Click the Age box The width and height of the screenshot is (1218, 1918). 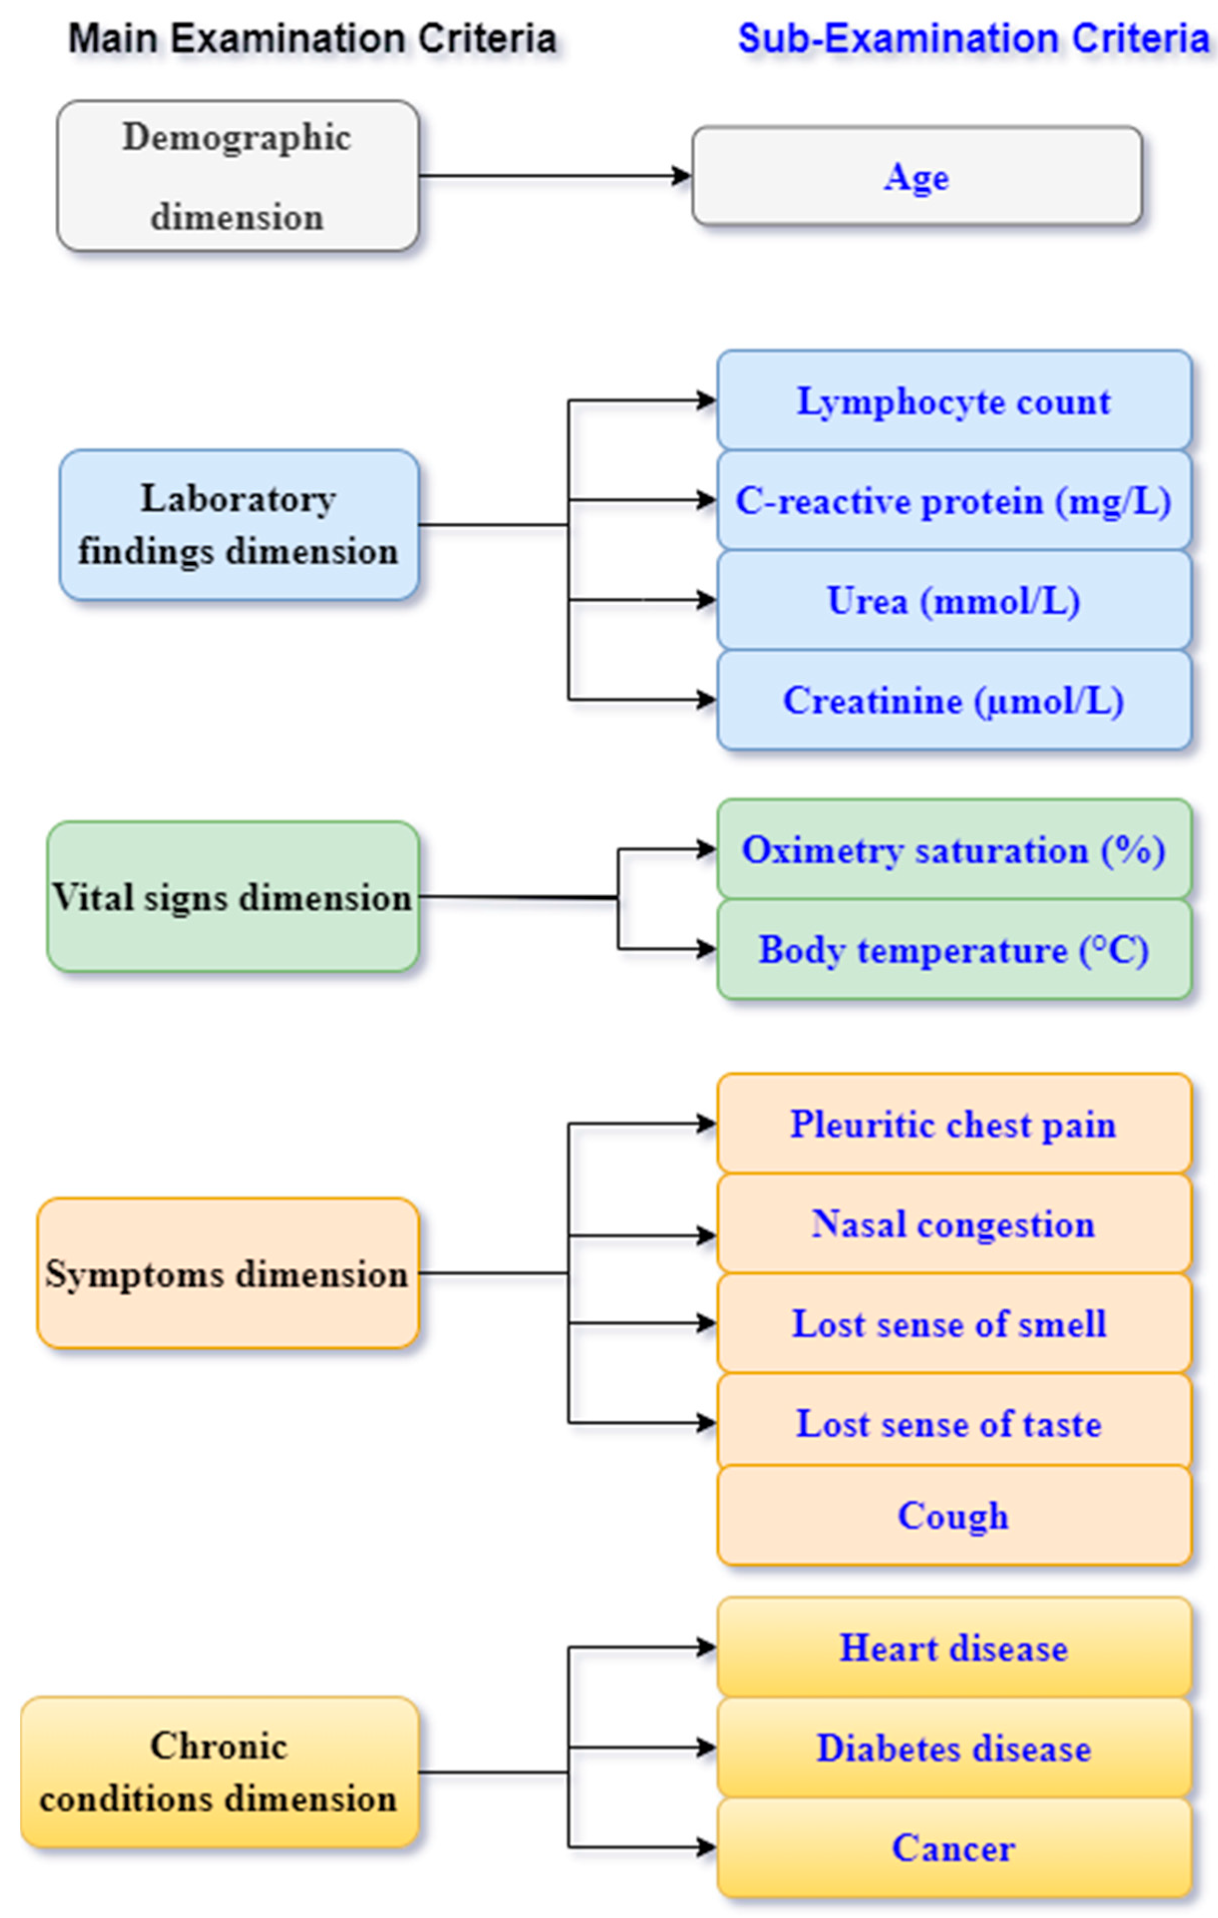916,176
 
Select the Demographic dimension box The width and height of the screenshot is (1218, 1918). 237,176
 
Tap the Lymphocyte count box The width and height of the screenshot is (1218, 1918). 954,400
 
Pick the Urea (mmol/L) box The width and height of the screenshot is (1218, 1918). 954,600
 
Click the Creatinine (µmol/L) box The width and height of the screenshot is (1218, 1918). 954,700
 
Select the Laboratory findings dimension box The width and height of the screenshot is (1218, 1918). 239,525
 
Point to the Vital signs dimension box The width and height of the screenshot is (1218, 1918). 232,897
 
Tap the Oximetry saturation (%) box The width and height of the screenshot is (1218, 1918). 954,850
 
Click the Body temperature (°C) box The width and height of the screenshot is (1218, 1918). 954,950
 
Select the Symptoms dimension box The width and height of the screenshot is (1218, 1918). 228,1273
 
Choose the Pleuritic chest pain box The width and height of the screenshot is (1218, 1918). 954,1124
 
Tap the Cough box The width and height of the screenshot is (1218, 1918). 954,1515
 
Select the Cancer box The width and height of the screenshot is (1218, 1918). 954,1847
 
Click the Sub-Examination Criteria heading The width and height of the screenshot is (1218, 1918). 973,38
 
